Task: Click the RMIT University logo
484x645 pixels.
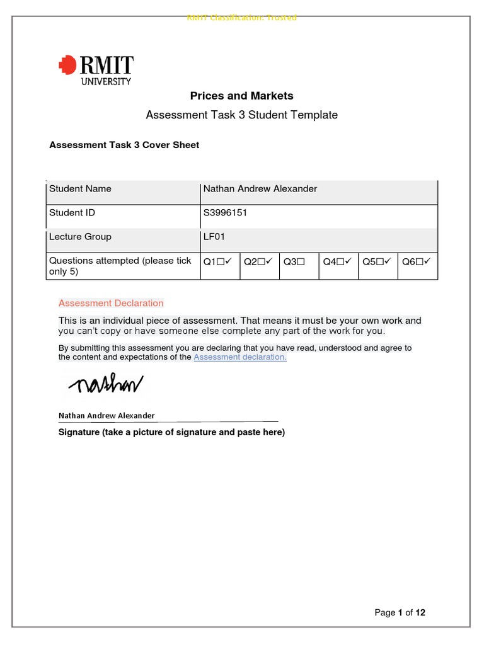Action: pos(96,69)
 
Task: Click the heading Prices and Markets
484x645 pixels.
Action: pos(242,96)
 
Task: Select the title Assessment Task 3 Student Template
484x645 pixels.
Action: pos(242,115)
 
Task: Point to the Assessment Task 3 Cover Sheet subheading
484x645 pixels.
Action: pos(124,145)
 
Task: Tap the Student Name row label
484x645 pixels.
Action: pos(80,189)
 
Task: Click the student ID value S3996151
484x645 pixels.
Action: pos(225,213)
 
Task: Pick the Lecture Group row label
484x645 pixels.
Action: pos(80,237)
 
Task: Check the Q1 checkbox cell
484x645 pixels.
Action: pos(219,261)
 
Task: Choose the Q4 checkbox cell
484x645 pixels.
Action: pos(337,261)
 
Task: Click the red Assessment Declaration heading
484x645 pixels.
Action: pos(111,303)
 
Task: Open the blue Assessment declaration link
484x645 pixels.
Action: pos(240,357)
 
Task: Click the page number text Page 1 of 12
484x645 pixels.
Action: pos(400,612)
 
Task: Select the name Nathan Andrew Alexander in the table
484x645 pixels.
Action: pos(260,189)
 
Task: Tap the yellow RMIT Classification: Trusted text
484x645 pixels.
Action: pos(242,18)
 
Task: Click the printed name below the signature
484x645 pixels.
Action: pos(107,416)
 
